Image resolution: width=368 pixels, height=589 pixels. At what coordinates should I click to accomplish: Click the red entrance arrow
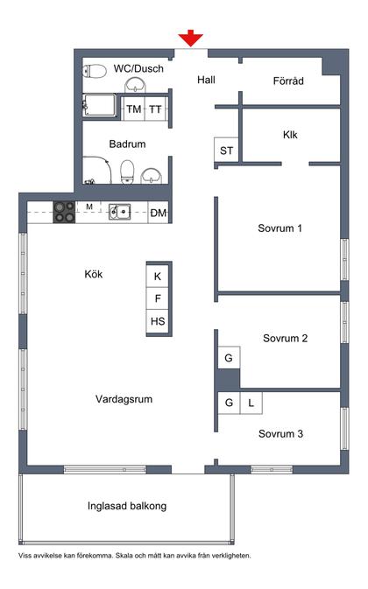[x=190, y=38]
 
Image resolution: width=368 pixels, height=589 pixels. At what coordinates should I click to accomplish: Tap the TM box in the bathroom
[x=134, y=109]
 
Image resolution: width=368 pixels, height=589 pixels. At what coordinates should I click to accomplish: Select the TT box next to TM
[x=155, y=109]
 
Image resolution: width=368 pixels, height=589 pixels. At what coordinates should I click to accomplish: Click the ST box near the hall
[x=226, y=150]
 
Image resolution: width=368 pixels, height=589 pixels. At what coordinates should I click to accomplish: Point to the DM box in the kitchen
[x=158, y=212]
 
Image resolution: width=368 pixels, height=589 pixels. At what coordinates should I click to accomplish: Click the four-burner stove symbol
[x=65, y=211]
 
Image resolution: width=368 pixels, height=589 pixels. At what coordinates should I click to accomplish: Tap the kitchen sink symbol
[x=119, y=211]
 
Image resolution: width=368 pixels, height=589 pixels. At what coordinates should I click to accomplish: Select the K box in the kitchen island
[x=158, y=276]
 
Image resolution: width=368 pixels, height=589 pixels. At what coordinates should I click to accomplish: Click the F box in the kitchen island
[x=158, y=298]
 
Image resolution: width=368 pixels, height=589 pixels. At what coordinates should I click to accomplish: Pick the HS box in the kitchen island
[x=158, y=321]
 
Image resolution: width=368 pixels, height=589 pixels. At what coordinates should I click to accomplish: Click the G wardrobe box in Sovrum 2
[x=228, y=358]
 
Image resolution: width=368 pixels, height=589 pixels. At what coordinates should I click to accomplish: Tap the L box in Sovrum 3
[x=251, y=403]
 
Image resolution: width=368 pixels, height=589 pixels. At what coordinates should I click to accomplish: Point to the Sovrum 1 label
[x=280, y=228]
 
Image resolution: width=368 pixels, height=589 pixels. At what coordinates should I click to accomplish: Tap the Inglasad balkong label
[x=127, y=506]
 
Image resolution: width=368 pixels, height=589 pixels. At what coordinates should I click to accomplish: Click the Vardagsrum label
[x=124, y=399]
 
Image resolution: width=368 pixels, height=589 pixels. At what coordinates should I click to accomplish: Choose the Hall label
[x=206, y=80]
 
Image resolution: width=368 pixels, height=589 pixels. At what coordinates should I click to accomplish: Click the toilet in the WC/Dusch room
[x=96, y=70]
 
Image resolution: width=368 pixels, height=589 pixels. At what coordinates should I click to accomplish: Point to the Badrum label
[x=127, y=144]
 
